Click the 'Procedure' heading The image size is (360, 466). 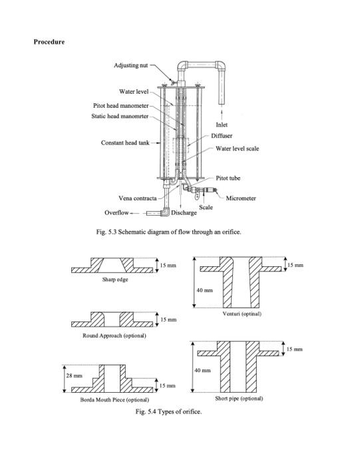[x=49, y=43]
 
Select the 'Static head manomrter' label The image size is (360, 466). [x=120, y=116]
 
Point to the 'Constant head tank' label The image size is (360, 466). [x=124, y=143]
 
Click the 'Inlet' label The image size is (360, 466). [x=224, y=124]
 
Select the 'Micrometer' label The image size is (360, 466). [x=241, y=198]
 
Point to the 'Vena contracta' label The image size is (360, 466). [x=137, y=198]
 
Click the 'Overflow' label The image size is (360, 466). [x=116, y=213]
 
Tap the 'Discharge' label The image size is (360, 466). [x=184, y=213]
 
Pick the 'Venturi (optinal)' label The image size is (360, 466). [x=242, y=313]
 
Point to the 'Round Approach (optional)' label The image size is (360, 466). [x=114, y=336]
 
